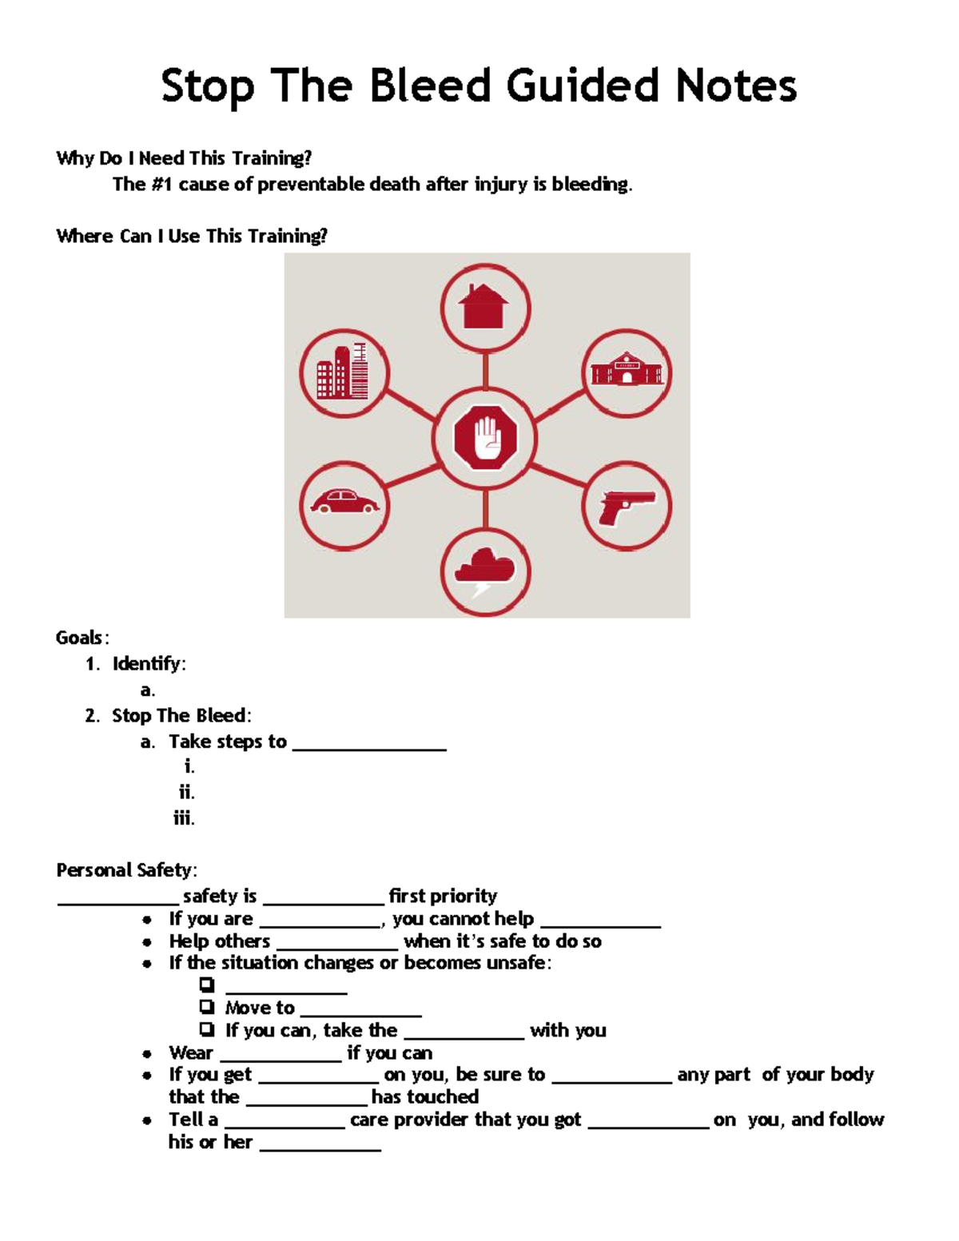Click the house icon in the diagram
coord(485,307)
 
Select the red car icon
coord(344,503)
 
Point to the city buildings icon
coord(344,372)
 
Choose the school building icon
coord(627,372)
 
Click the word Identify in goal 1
coord(147,663)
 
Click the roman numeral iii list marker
coord(184,817)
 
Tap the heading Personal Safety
coord(125,869)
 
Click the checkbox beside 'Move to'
coord(207,1006)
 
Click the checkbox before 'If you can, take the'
coord(207,1028)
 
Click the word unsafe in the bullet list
coord(516,963)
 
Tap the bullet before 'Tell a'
coord(147,1120)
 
